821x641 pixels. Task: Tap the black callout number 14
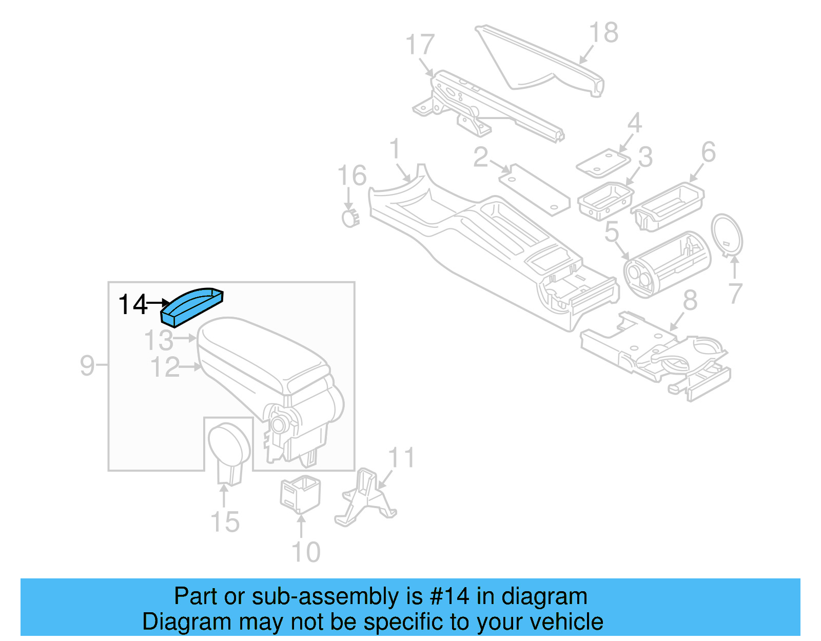(x=132, y=305)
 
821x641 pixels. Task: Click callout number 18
(x=603, y=33)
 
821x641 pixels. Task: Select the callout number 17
(x=420, y=45)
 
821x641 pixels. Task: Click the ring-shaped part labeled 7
(x=727, y=235)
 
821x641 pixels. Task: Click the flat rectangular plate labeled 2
(x=534, y=189)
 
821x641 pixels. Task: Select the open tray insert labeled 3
(x=605, y=200)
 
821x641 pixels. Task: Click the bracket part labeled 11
(x=365, y=497)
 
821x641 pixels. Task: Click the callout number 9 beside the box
(x=87, y=365)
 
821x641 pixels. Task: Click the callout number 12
(x=165, y=367)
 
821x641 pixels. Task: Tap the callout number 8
(x=690, y=301)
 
